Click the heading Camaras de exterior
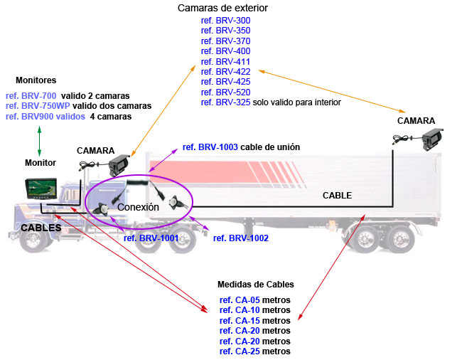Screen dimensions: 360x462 click(233, 8)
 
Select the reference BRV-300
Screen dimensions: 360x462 click(225, 21)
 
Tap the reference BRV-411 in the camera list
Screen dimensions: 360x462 click(225, 61)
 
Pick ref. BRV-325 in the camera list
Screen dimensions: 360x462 click(225, 102)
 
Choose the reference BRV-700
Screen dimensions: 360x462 click(31, 95)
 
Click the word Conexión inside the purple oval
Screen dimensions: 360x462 click(138, 207)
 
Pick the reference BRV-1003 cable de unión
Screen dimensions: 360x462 click(241, 147)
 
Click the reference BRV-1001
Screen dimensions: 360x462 click(151, 238)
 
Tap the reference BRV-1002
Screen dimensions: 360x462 click(240, 238)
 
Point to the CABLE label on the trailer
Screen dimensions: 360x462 click(337, 195)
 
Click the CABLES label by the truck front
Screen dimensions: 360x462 click(41, 228)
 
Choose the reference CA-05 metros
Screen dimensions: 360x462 click(254, 300)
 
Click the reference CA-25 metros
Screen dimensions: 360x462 click(254, 351)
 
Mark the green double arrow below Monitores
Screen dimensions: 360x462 click(40, 139)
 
